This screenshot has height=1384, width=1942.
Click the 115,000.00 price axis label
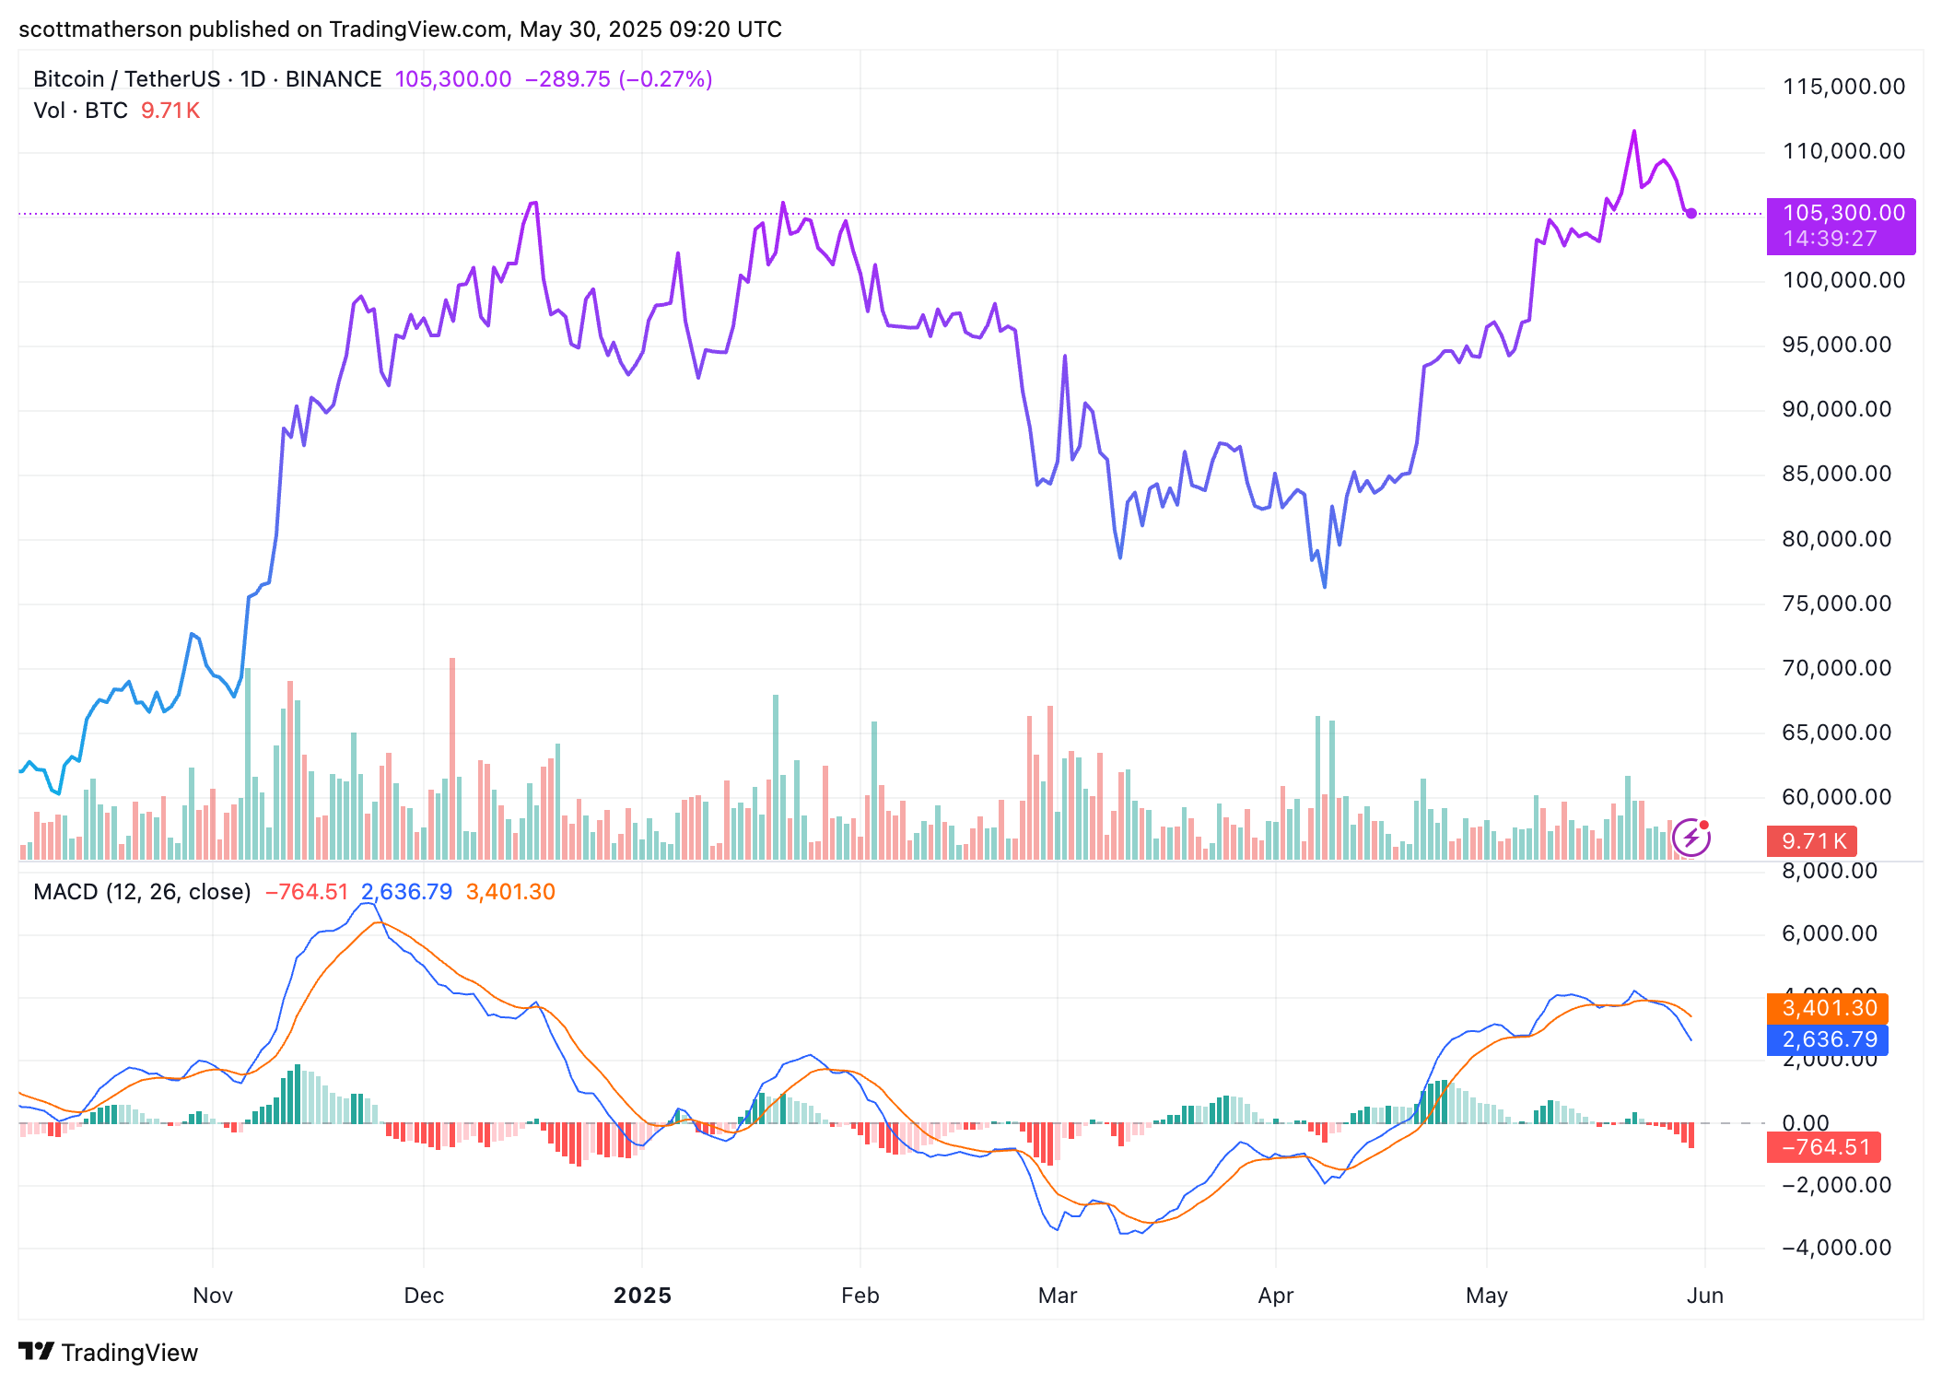[1843, 87]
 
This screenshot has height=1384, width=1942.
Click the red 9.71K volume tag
[1812, 841]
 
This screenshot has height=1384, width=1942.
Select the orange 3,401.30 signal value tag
[1828, 1008]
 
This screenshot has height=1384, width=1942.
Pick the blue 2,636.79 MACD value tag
[1828, 1039]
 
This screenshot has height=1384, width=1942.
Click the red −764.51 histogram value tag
[1824, 1147]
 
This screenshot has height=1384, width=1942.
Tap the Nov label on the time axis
[213, 1296]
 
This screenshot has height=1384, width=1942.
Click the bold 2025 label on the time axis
[642, 1296]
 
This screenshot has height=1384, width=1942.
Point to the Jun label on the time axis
[1704, 1296]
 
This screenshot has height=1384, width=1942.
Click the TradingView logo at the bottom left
[109, 1353]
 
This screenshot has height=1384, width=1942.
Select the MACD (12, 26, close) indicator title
[142, 892]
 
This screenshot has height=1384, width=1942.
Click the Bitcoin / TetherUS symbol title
[207, 79]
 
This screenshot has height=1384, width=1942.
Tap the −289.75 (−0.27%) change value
[618, 79]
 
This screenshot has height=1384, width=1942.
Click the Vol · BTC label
[80, 111]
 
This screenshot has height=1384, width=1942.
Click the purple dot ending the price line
[1691, 214]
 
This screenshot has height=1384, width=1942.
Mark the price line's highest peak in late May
[1634, 132]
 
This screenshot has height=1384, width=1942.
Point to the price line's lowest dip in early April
[1325, 586]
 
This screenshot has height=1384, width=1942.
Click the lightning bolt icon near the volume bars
[1691, 838]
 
